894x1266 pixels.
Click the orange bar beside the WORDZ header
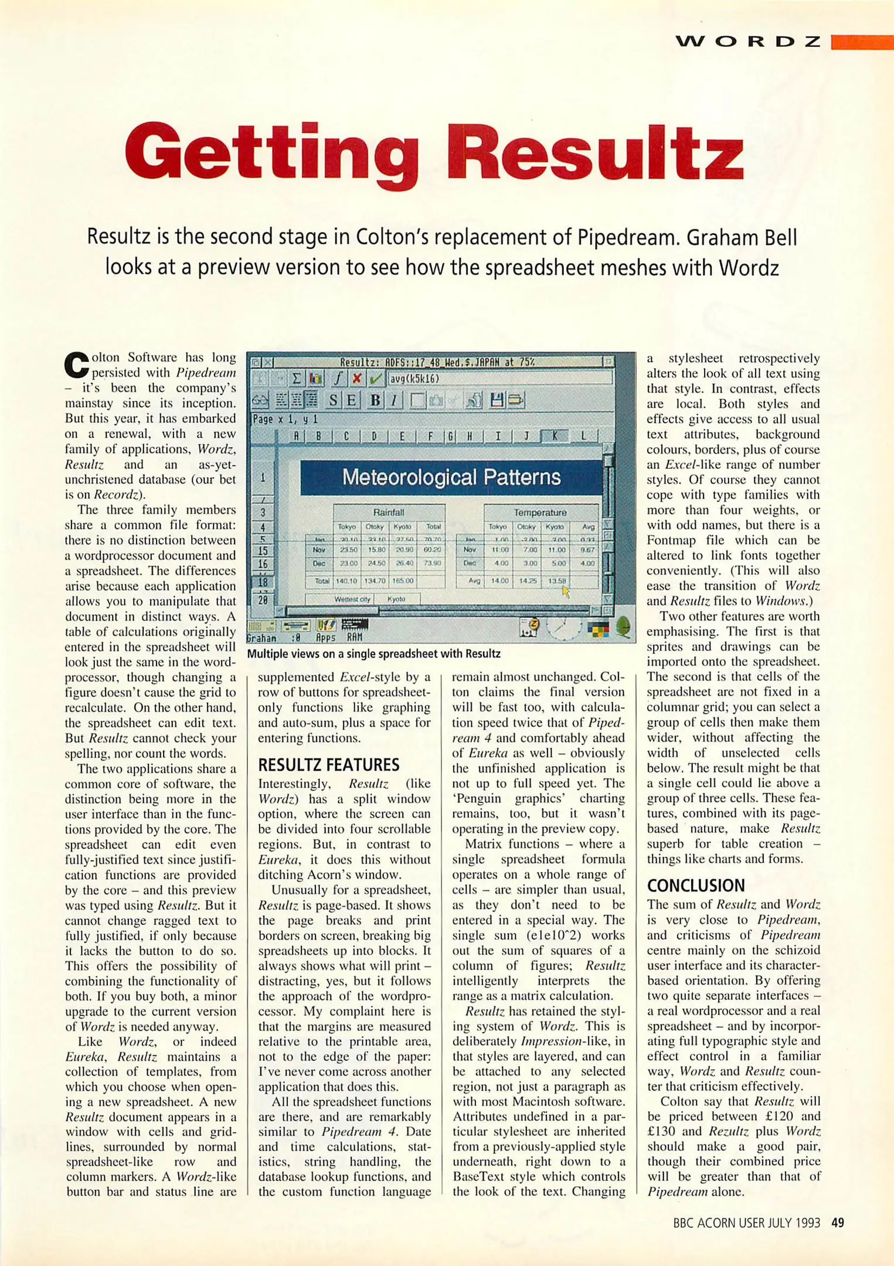tap(862, 42)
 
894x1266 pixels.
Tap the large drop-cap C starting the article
tap(76, 365)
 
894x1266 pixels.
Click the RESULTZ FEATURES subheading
tap(328, 765)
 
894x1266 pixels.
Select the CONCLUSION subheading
tap(695, 885)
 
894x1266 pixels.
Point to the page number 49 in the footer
tap(838, 1223)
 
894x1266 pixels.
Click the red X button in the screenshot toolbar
tap(356, 379)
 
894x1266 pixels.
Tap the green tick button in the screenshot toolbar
tap(376, 379)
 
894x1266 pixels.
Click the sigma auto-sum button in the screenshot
tap(297, 379)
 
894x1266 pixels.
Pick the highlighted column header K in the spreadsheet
tap(554, 435)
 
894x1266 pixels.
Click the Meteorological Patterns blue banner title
tap(451, 477)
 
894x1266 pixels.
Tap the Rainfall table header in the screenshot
tap(388, 512)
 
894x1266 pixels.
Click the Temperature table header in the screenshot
tap(540, 512)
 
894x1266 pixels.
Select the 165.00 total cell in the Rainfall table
tap(403, 581)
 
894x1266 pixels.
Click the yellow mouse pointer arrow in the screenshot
tap(566, 591)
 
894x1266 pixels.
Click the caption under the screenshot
tap(373, 654)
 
